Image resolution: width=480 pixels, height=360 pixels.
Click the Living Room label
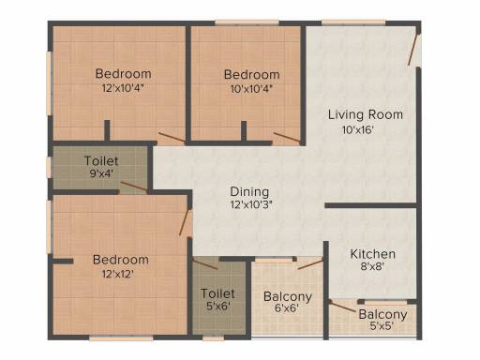[366, 114]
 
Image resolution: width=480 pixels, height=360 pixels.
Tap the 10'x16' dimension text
[358, 129]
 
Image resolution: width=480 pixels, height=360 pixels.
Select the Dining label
[249, 192]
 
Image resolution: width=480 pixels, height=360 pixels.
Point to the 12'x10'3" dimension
[251, 204]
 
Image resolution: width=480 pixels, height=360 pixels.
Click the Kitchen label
[373, 254]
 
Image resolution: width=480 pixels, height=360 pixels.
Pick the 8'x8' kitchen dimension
[372, 266]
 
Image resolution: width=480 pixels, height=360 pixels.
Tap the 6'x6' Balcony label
[288, 296]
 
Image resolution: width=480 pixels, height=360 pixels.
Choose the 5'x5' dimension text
[382, 326]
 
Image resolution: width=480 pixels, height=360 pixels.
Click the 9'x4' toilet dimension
[101, 173]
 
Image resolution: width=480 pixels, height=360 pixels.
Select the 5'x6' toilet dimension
[218, 306]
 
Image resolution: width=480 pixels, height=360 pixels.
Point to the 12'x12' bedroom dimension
[118, 274]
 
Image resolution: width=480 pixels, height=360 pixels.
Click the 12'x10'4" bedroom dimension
[123, 88]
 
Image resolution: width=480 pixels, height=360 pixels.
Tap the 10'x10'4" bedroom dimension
[251, 89]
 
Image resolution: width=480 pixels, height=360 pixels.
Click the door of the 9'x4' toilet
[134, 187]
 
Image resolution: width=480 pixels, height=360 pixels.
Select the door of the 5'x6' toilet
[205, 264]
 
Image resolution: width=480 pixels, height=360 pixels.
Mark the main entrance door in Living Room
[412, 50]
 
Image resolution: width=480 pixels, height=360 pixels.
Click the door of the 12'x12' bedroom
[184, 222]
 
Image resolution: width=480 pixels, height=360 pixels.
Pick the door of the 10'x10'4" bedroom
[287, 138]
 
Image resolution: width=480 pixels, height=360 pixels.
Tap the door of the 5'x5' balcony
[342, 306]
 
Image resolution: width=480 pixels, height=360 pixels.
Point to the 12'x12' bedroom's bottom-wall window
[121, 337]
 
